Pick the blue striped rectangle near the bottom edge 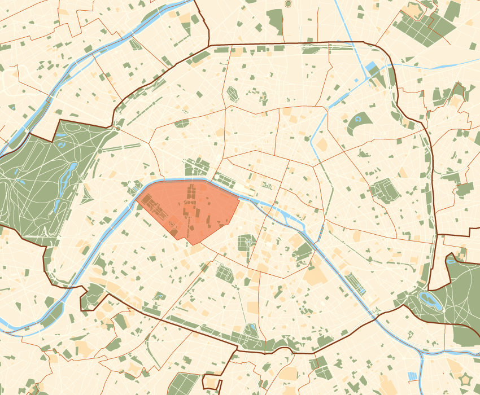tap(413, 376)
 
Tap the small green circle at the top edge tap(289, 3)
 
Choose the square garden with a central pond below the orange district tap(246, 243)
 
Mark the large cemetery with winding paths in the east tap(386, 191)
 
